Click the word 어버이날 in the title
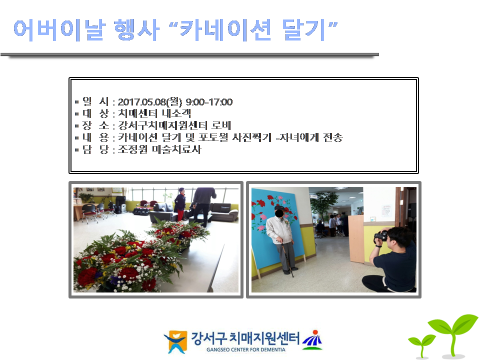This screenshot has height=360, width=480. tap(59, 30)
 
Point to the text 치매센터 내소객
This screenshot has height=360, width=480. tap(154, 113)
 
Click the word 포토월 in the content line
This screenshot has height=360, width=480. tap(213, 137)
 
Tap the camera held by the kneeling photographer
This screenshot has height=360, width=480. tap(381, 236)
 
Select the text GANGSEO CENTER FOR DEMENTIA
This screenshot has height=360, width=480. tap(246, 349)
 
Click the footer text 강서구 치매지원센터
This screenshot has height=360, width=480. tap(245, 338)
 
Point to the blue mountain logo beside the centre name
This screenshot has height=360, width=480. tap(312, 340)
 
